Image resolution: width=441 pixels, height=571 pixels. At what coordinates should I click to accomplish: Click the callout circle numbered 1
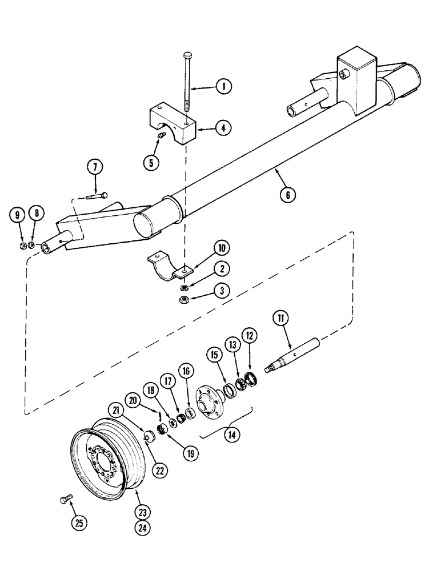[x=224, y=87]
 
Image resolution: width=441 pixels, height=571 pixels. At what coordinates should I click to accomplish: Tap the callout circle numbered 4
[x=224, y=128]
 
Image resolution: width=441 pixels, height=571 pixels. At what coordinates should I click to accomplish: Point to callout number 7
[x=95, y=167]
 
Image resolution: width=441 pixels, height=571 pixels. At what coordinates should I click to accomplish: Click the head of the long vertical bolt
[x=189, y=55]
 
